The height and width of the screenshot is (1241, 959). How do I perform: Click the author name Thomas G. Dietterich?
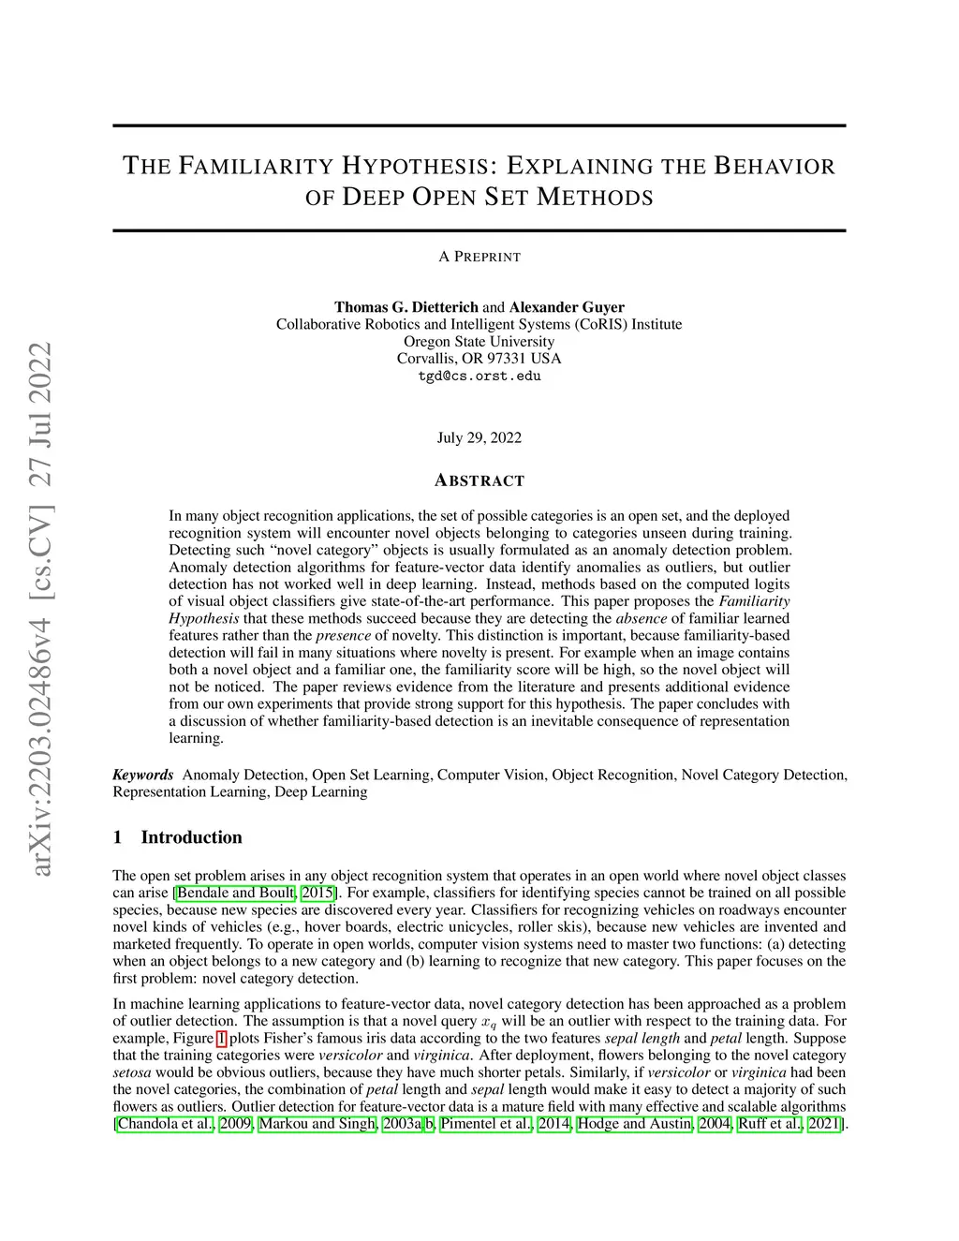[x=406, y=307]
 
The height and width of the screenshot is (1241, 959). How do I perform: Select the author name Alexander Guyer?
[x=567, y=307]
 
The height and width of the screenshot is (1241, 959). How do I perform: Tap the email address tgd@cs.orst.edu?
[x=479, y=377]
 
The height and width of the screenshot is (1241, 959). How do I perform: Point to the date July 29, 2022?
[x=479, y=437]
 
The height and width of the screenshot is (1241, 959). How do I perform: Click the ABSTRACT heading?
[x=479, y=480]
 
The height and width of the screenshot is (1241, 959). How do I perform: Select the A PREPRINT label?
[x=479, y=257]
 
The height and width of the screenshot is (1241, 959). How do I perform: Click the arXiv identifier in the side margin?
[x=41, y=609]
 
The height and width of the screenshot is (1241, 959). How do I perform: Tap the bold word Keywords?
[x=143, y=775]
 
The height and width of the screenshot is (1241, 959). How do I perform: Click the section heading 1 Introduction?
[x=177, y=837]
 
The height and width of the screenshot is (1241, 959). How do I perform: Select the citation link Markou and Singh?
[x=317, y=1123]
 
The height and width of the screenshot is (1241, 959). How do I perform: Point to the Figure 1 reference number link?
[x=221, y=1038]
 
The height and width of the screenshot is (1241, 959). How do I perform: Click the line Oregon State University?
[x=479, y=342]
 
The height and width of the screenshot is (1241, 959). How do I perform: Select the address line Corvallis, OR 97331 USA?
[x=479, y=359]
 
